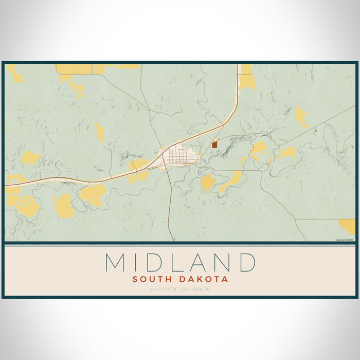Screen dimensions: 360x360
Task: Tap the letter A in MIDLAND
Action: [196, 262]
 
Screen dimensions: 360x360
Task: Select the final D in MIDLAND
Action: [246, 262]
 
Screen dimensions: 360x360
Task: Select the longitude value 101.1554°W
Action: [195, 289]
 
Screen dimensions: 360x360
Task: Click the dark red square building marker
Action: [214, 145]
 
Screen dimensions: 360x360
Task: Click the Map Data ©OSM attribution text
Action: [345, 240]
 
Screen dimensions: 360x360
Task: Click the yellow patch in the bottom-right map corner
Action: [348, 225]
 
